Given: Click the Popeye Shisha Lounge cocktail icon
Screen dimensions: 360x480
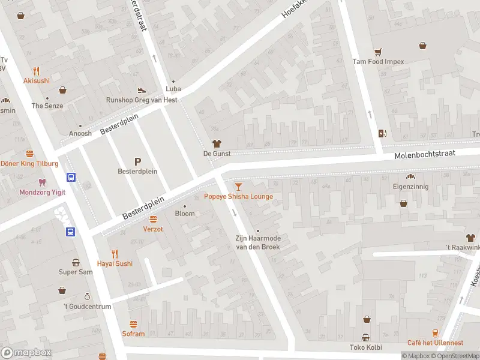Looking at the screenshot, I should [x=238, y=187].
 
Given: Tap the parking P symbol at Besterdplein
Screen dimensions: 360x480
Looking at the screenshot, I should [x=137, y=161].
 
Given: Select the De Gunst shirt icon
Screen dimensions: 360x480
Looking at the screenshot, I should [x=217, y=144].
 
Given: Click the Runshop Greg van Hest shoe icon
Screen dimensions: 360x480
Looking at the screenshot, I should [x=141, y=91].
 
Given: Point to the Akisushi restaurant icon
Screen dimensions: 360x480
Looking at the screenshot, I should [x=37, y=71].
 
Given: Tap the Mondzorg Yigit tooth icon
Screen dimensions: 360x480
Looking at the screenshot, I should [x=41, y=182].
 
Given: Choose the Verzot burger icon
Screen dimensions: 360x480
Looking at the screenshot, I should [x=153, y=219].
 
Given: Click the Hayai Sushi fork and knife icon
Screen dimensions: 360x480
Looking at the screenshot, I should [x=115, y=254].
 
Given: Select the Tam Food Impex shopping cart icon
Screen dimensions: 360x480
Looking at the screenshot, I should [x=378, y=52].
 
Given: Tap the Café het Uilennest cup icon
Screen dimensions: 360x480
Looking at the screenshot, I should [x=435, y=333].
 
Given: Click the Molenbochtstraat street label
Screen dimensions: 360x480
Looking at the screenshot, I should [x=425, y=154].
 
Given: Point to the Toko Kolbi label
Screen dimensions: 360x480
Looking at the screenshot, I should [x=365, y=347].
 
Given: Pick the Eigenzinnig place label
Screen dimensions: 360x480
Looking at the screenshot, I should [x=411, y=187].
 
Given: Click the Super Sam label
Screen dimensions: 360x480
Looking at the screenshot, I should [x=76, y=272].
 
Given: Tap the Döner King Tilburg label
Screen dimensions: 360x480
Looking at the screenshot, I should [x=29, y=163].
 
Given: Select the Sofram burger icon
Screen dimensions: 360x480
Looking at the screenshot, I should [x=133, y=324].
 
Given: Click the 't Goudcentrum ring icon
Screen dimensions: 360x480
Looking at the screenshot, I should [x=87, y=296].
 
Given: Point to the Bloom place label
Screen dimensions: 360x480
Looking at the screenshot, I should [x=185, y=214].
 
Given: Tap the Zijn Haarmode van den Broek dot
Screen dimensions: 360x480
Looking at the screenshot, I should [x=257, y=231].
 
